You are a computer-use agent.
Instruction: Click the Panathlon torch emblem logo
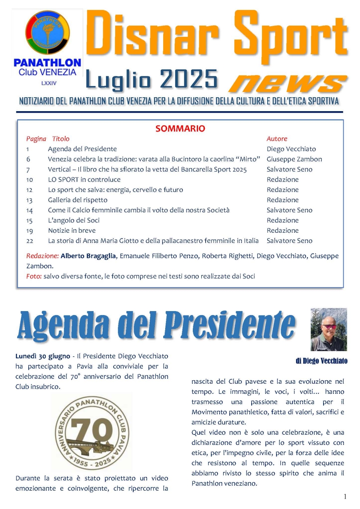[47, 32]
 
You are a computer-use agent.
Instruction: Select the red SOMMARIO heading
[180, 128]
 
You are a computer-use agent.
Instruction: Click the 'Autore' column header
[277, 139]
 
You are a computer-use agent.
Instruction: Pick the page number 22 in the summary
[30, 241]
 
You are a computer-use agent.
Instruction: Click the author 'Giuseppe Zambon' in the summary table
[294, 159]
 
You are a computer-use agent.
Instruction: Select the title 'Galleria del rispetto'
[78, 200]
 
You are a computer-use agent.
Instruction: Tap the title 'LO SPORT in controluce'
[84, 180]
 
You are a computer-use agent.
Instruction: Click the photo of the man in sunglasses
[329, 329]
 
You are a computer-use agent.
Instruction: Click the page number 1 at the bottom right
[345, 497]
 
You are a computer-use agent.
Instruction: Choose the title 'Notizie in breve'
[72, 230]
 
